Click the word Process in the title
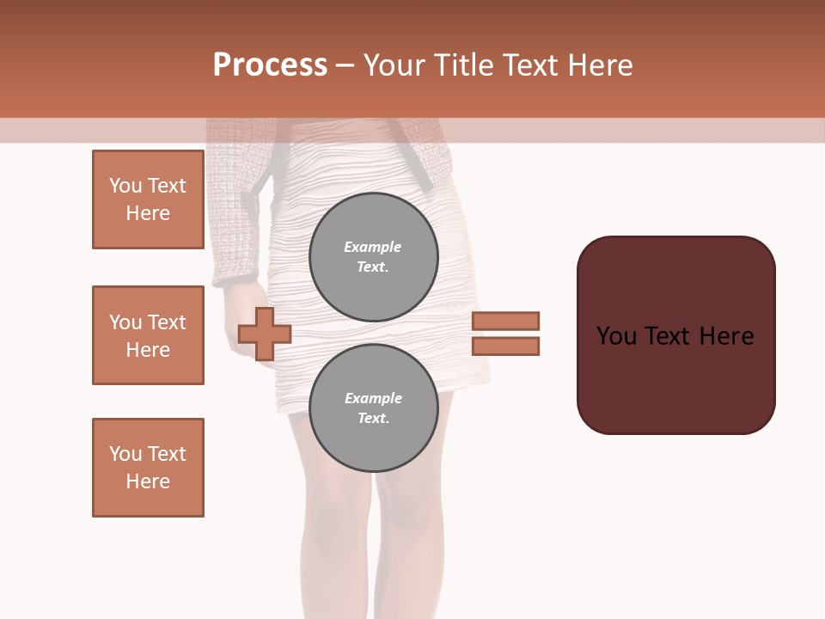point(270,65)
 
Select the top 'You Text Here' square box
point(148,199)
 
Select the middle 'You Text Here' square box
point(148,335)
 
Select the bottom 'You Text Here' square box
point(148,468)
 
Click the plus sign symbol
point(265,334)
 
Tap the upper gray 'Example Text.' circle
point(373,257)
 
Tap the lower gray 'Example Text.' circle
point(373,408)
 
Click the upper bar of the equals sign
point(506,321)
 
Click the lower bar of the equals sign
point(506,346)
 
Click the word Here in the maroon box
point(726,336)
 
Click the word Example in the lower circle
point(373,398)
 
